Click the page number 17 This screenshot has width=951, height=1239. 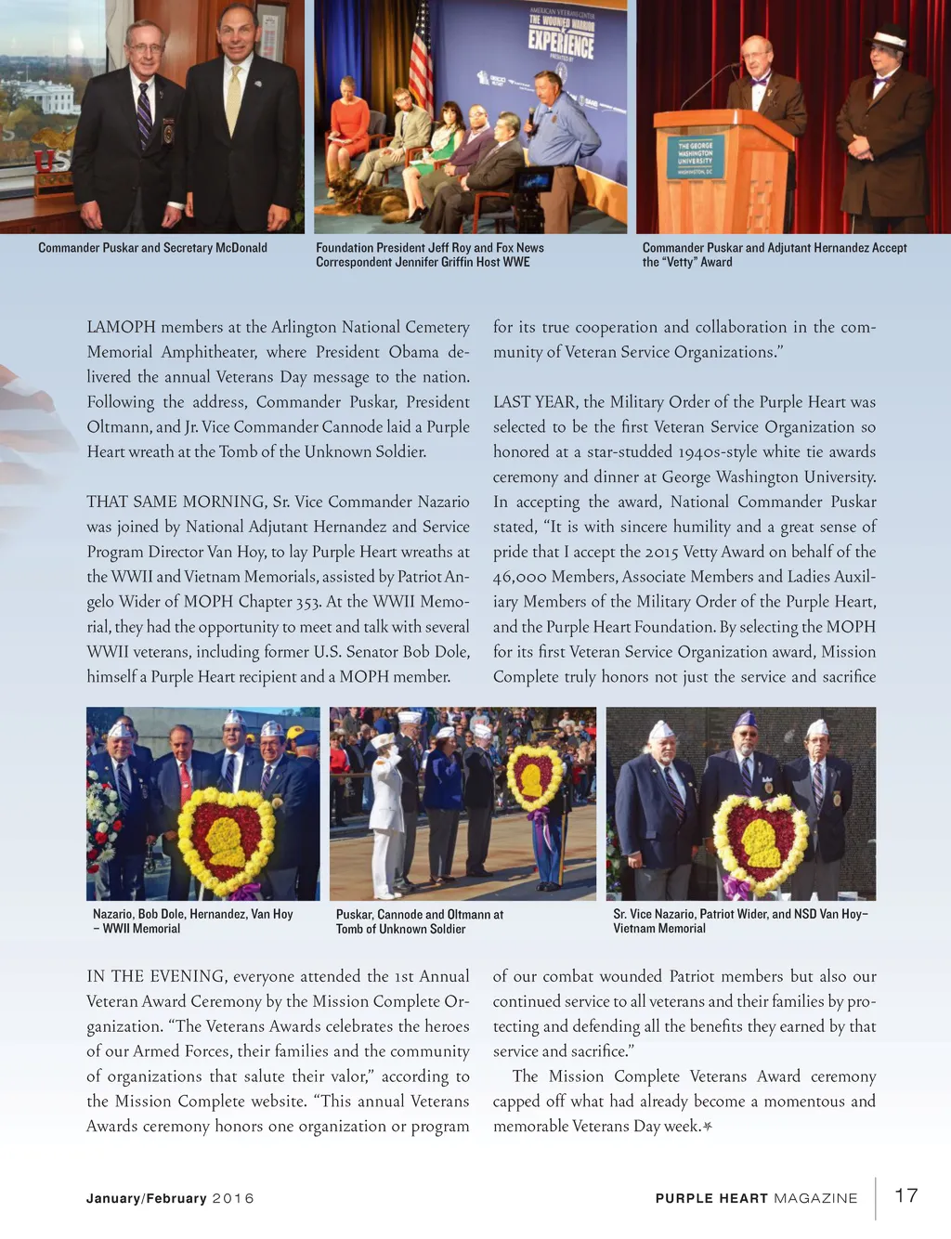click(905, 1195)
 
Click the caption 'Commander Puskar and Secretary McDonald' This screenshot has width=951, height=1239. click(152, 248)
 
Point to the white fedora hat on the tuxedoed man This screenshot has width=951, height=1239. click(886, 39)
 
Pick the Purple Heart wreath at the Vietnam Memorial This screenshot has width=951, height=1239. click(761, 843)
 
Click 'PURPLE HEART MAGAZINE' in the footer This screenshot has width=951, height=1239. click(756, 1198)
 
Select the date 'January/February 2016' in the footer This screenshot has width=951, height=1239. click(170, 1198)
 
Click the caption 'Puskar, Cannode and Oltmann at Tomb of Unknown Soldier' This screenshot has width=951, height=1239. click(419, 921)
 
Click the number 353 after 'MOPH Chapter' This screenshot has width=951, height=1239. click(308, 602)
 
